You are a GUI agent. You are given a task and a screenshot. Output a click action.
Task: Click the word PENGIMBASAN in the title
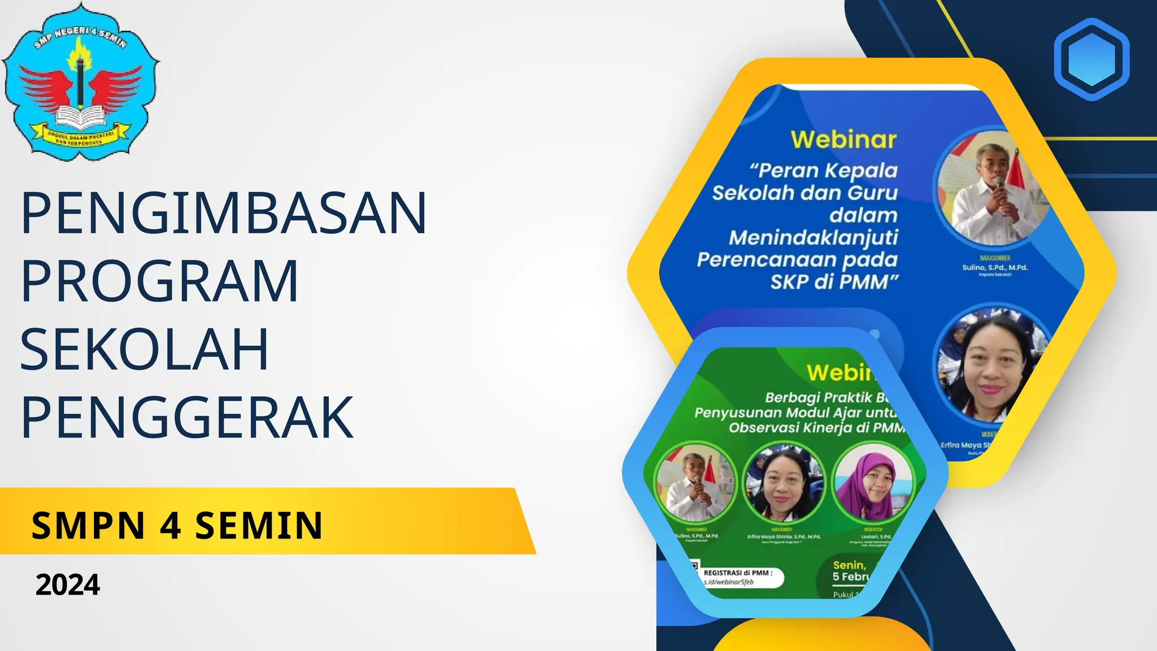(x=224, y=214)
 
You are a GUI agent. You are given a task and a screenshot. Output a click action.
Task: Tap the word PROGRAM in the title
(x=160, y=281)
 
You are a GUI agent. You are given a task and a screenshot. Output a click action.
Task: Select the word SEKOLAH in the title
(x=145, y=349)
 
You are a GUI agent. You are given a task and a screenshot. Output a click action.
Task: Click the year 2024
(x=68, y=585)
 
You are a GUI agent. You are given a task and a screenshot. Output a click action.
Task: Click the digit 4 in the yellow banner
(x=170, y=526)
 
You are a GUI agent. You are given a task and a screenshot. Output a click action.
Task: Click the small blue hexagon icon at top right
(x=1091, y=59)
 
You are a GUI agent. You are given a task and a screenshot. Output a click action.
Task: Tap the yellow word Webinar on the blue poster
(x=843, y=140)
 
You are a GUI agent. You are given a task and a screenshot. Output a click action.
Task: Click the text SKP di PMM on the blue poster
(x=834, y=281)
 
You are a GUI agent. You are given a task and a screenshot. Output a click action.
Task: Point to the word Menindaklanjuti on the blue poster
(x=813, y=237)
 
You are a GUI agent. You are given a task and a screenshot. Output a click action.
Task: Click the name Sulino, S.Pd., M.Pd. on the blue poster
(x=995, y=267)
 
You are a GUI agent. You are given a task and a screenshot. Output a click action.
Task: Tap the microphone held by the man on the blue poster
(x=999, y=184)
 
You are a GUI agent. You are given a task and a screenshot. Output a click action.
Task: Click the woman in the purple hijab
(x=872, y=483)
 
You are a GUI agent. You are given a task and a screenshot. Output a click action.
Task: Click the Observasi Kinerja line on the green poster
(x=816, y=428)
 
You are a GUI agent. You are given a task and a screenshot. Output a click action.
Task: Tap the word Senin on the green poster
(x=849, y=565)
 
